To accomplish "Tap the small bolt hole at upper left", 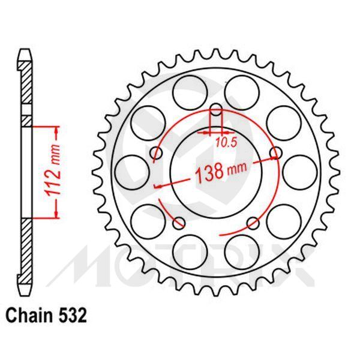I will (157, 154).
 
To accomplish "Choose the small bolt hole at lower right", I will (253, 224).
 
